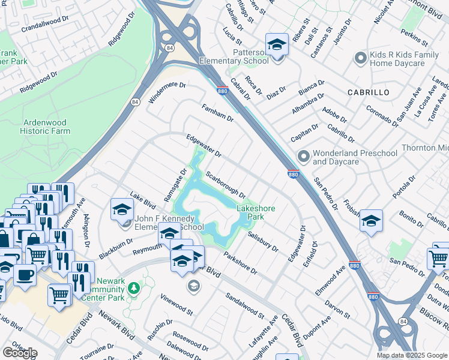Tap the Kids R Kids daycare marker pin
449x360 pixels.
click(360, 58)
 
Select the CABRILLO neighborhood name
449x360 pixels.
click(368, 92)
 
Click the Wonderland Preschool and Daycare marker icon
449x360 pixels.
click(304, 156)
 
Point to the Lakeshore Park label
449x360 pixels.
click(256, 212)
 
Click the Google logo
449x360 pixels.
click(20, 353)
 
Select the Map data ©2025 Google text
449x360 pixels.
click(411, 355)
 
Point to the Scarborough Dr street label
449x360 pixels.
click(226, 185)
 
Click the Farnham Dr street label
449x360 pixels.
click(217, 112)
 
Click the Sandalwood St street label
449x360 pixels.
click(244, 305)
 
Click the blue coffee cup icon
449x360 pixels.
click(25, 274)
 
